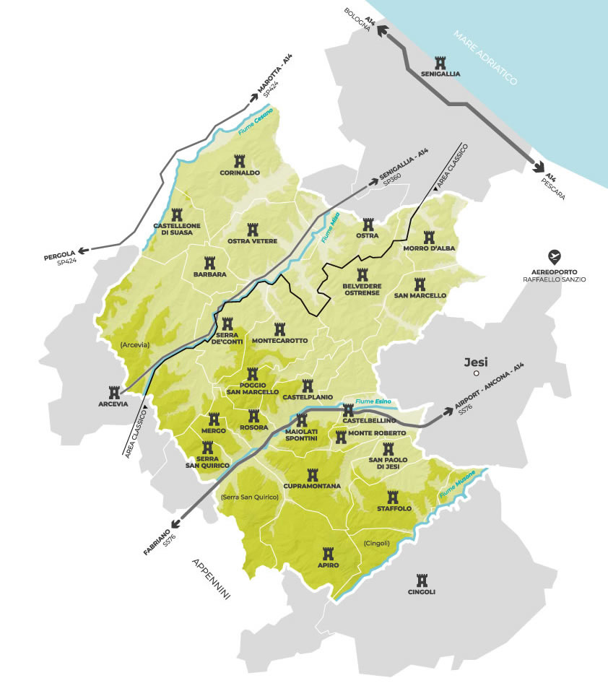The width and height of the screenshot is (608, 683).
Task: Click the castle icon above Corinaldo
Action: pyautogui.click(x=240, y=160)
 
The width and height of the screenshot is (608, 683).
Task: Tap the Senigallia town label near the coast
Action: pyautogui.click(x=440, y=74)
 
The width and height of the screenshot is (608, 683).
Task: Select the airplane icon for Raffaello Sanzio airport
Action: pyautogui.click(x=554, y=256)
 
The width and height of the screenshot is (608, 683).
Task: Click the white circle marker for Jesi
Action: pyautogui.click(x=477, y=375)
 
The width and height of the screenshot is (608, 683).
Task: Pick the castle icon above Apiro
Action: pyautogui.click(x=329, y=552)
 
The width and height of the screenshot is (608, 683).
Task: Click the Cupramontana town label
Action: pyautogui.click(x=313, y=487)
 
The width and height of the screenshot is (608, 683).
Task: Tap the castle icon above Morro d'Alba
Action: pyautogui.click(x=429, y=238)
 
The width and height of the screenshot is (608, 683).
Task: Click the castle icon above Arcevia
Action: pyautogui.click(x=113, y=392)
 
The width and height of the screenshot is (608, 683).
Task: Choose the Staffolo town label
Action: pyautogui.click(x=394, y=508)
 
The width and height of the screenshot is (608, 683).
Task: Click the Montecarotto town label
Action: pyautogui.click(x=280, y=341)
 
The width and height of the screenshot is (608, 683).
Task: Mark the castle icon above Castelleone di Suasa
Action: pyautogui.click(x=177, y=214)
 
